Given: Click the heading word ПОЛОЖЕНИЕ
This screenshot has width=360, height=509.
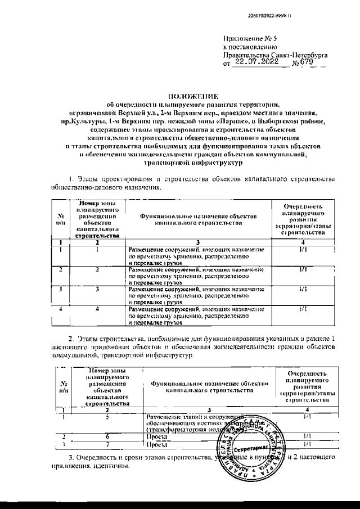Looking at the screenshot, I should tap(193, 96).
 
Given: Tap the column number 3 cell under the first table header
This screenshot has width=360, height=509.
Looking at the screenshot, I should tap(197, 242).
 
